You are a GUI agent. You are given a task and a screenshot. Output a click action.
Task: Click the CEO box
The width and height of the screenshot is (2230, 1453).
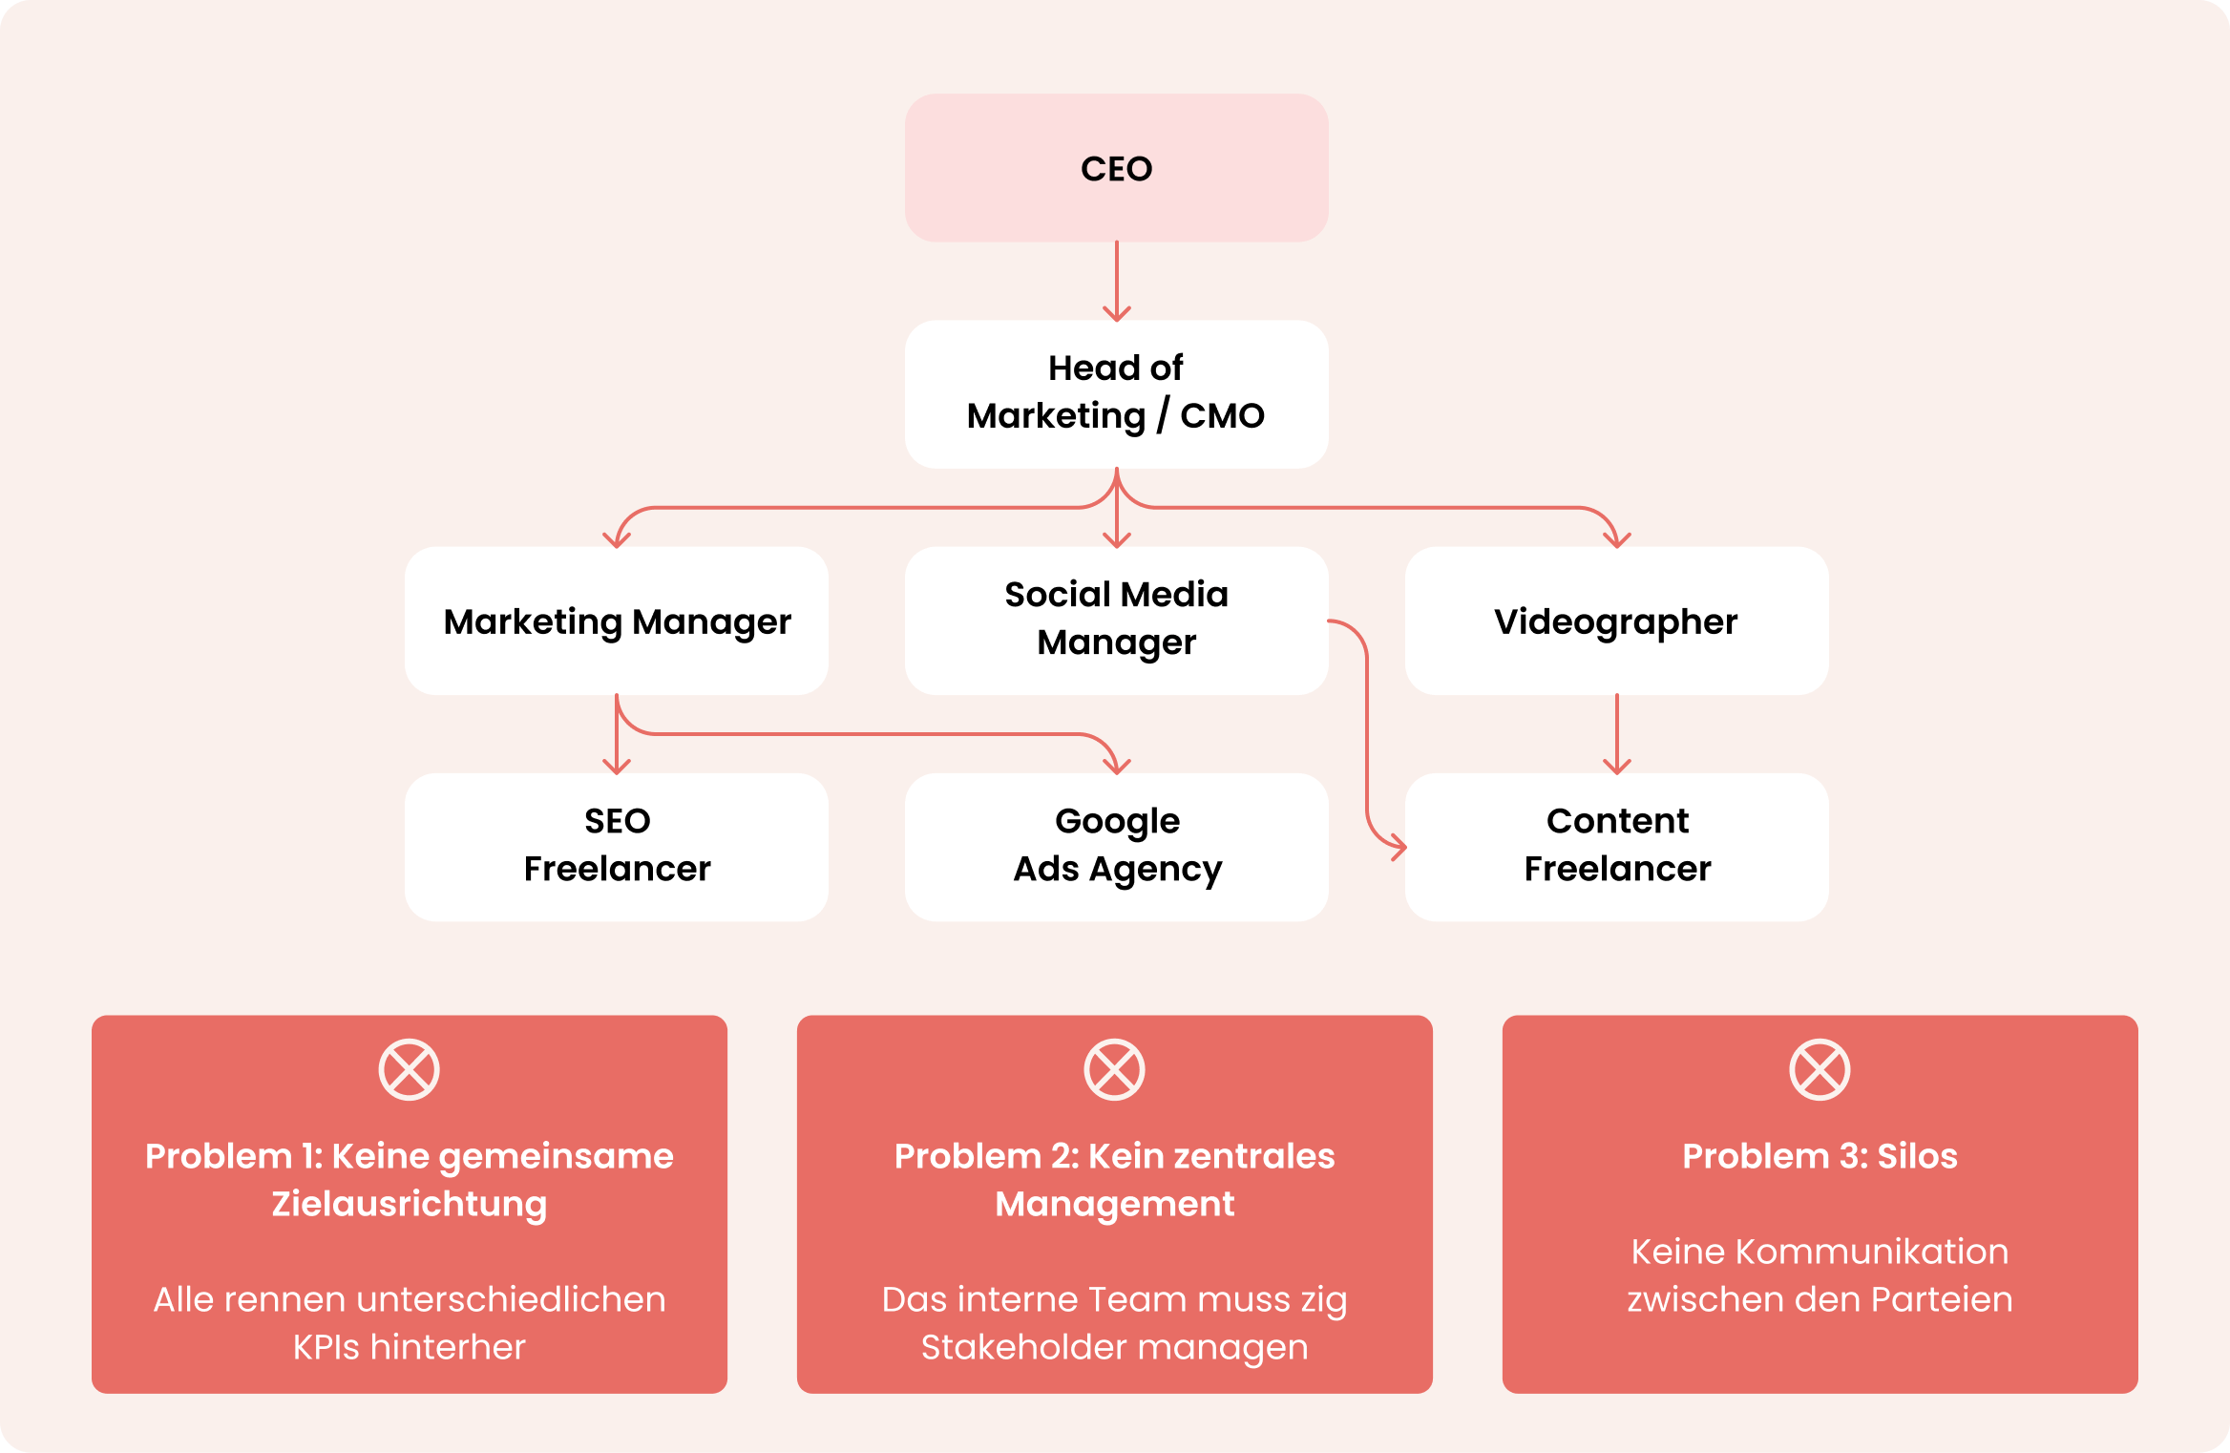1116,168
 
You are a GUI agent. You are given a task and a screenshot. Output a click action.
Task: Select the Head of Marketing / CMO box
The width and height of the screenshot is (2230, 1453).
1116,393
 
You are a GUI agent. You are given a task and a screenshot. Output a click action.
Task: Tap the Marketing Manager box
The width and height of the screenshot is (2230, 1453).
617,621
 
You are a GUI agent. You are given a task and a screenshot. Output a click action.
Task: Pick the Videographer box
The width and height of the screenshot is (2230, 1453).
1616,621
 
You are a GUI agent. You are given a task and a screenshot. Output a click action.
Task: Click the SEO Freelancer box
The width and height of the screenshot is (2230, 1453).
617,846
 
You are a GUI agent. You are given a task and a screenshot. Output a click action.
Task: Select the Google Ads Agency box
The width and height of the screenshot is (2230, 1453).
1116,846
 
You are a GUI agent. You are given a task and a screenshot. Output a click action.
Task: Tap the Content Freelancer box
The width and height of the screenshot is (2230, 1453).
1616,846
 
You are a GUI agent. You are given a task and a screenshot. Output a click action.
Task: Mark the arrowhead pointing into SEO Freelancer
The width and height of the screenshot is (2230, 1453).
617,766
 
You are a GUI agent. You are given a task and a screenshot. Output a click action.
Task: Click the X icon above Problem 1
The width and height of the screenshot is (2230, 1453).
409,1069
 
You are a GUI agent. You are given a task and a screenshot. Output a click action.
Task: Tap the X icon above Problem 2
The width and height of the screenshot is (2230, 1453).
1114,1069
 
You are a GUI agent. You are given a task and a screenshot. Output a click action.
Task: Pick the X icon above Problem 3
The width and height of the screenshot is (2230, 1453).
1820,1069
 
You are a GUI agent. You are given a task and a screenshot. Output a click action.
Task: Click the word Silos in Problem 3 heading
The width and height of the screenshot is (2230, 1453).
1917,1156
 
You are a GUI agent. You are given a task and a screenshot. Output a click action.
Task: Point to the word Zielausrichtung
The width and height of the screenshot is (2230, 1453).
409,1205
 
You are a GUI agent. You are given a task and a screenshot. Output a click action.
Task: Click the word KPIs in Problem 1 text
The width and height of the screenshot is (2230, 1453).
326,1347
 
